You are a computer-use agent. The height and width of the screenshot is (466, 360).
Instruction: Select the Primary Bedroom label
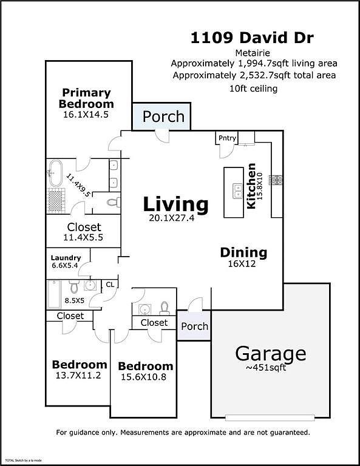click(x=86, y=98)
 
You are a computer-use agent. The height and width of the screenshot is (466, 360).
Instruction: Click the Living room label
click(x=175, y=204)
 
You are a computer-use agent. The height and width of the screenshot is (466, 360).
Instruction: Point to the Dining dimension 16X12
click(x=243, y=265)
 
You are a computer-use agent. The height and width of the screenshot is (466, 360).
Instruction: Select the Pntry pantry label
click(x=227, y=138)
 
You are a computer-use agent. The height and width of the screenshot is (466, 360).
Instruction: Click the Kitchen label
click(x=252, y=186)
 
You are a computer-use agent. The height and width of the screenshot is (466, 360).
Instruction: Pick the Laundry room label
click(x=66, y=257)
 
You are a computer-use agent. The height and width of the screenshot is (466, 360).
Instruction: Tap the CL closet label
click(x=110, y=283)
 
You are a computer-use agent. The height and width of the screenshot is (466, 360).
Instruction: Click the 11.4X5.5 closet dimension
click(x=84, y=238)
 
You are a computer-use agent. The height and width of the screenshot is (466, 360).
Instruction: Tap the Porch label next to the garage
click(x=195, y=326)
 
